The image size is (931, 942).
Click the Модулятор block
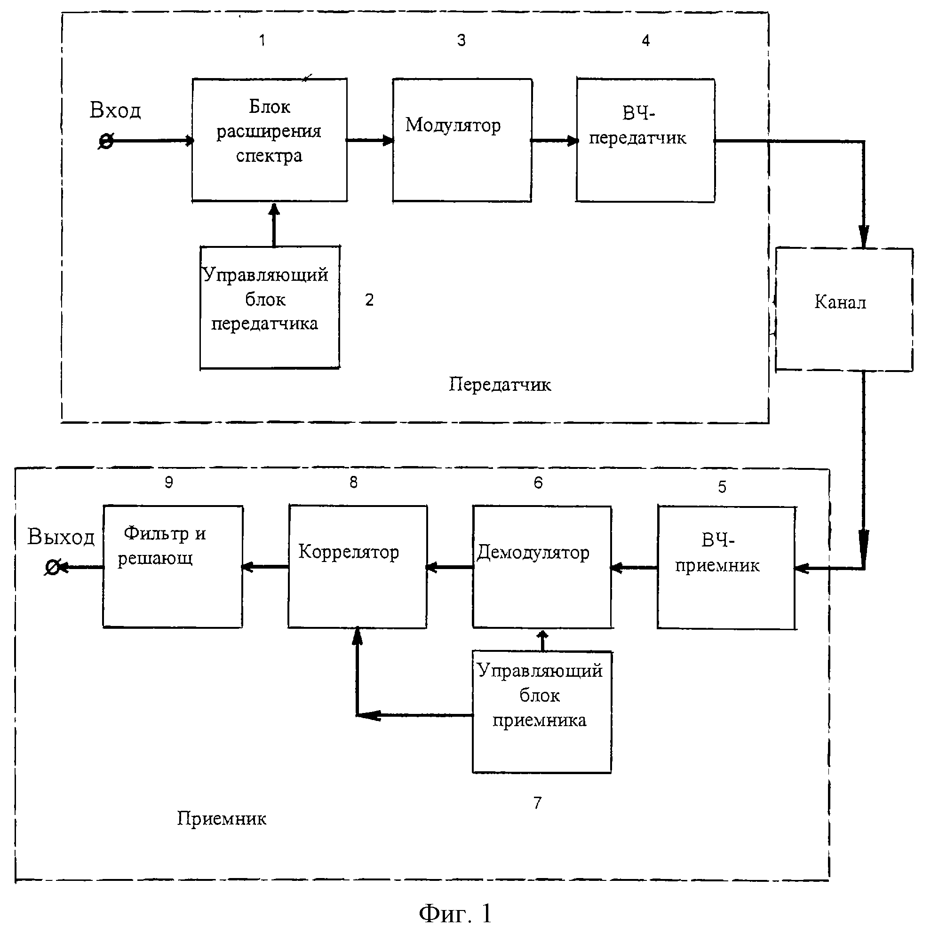(x=462, y=140)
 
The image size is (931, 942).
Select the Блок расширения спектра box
(x=269, y=140)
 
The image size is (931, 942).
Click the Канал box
(x=843, y=309)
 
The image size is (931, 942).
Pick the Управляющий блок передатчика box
(x=269, y=307)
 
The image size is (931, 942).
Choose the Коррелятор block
(x=358, y=566)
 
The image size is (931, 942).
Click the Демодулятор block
(x=541, y=567)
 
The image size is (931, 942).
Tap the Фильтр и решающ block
(x=173, y=566)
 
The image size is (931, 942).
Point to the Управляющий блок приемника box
(x=541, y=712)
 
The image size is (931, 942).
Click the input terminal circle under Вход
(x=106, y=142)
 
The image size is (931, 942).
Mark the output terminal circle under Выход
(x=52, y=567)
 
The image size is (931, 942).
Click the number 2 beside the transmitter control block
(x=369, y=300)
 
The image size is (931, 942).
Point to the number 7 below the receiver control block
(x=537, y=802)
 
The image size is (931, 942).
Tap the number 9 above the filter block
(x=168, y=482)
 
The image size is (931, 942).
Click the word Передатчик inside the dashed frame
(x=500, y=385)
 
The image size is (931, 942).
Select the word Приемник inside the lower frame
(x=222, y=819)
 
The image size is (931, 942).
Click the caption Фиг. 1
(x=455, y=913)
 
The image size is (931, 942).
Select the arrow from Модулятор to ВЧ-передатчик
(x=554, y=141)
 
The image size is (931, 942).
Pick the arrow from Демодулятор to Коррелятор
(x=450, y=567)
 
